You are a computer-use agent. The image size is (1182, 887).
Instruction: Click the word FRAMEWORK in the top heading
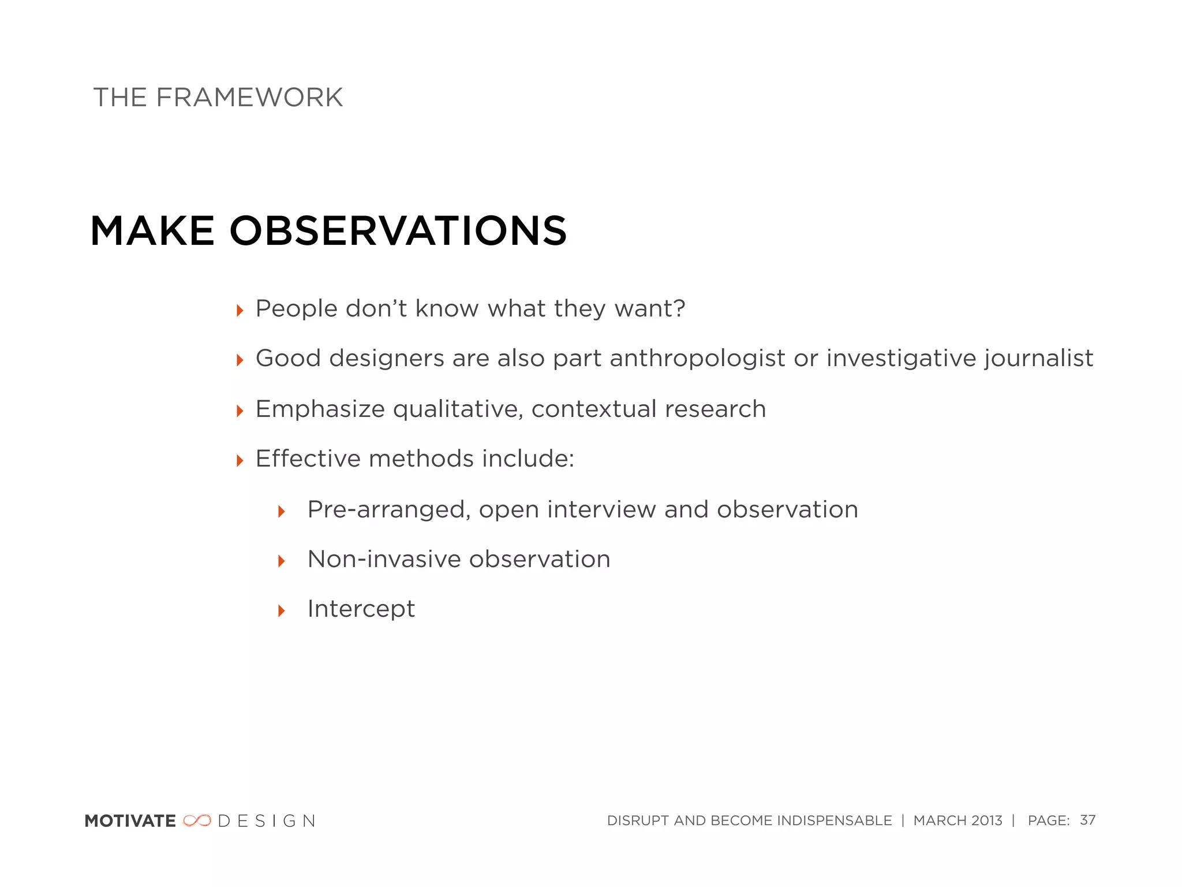[249, 97]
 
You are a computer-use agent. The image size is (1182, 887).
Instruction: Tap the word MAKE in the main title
[152, 231]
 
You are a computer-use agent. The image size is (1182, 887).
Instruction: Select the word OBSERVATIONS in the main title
[398, 231]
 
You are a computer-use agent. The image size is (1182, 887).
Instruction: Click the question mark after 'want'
[679, 308]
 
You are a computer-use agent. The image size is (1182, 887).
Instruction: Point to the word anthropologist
[697, 359]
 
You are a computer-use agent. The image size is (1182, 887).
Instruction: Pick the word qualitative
[458, 409]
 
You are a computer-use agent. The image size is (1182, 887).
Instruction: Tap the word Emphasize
[320, 409]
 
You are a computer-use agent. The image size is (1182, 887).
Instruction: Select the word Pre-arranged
[388, 510]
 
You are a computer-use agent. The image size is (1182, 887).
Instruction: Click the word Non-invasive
[384, 559]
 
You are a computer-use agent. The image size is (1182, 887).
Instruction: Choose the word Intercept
[361, 609]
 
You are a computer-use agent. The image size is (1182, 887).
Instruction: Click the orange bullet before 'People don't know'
[240, 311]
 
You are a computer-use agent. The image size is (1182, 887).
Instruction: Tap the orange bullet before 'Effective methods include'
[240, 461]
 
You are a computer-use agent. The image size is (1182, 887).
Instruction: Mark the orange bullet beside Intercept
[282, 610]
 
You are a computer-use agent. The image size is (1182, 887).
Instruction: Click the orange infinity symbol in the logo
[197, 821]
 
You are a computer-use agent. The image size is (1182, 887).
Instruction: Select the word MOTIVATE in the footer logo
[130, 821]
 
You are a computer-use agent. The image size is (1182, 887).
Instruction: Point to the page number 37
[1087, 820]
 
